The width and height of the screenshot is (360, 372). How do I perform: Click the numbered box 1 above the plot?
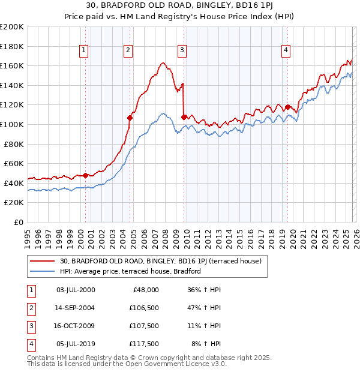point(83,50)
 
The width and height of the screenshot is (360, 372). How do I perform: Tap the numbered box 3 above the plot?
point(182,50)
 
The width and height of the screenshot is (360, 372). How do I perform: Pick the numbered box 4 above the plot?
point(286,50)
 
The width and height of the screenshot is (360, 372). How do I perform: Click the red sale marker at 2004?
point(130,118)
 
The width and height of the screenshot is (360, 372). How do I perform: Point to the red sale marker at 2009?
point(184,117)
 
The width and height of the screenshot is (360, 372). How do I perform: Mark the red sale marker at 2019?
point(287,107)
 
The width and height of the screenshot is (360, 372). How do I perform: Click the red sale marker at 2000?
point(85,175)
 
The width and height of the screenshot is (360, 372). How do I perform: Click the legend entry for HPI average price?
point(130,271)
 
